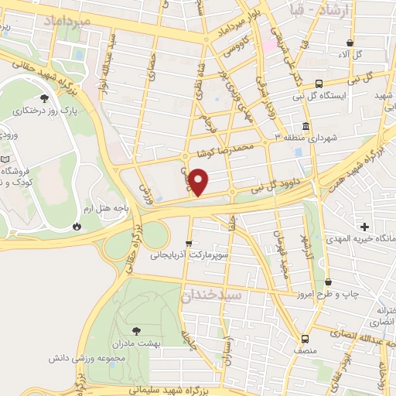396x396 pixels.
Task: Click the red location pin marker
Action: coord(200,182)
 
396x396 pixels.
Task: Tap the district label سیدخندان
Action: coord(212,295)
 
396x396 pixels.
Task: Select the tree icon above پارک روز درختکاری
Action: coord(44,98)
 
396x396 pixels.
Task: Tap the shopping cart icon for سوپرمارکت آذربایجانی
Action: coord(188,244)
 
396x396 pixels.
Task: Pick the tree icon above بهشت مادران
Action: coord(137,330)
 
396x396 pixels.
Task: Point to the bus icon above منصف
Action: coord(305,338)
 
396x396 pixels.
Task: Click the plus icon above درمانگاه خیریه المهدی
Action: coord(364,227)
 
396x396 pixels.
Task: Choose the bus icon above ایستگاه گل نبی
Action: coord(318,84)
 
